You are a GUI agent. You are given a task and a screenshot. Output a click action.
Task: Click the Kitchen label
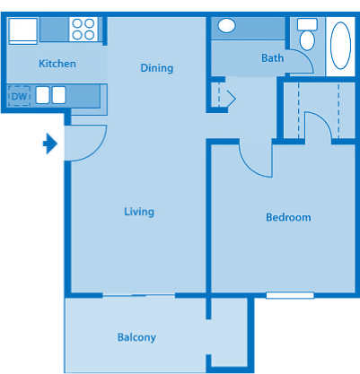coord(57,64)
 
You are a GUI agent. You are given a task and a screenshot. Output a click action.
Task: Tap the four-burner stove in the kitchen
coord(83,29)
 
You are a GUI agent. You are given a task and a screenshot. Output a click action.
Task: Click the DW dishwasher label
coord(18,95)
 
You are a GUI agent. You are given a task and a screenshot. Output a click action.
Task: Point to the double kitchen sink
coord(49,94)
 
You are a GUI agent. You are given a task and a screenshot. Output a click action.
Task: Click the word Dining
coord(156,68)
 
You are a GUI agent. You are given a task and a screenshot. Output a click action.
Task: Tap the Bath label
coord(271,59)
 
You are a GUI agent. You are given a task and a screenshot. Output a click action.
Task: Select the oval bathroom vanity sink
coord(227,26)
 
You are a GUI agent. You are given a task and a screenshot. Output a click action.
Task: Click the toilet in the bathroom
coord(307,35)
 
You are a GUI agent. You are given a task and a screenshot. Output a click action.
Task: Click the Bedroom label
coord(288,217)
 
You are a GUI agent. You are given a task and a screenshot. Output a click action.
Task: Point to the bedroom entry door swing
coord(255,159)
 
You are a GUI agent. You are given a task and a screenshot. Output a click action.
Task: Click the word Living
coord(139,212)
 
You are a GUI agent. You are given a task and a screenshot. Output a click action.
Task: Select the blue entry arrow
coord(50,143)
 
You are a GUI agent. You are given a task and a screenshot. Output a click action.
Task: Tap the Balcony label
coord(136,337)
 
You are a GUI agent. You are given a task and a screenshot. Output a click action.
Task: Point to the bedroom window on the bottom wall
coord(290,295)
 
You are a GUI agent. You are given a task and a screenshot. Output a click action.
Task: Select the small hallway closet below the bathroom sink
coord(223,95)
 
